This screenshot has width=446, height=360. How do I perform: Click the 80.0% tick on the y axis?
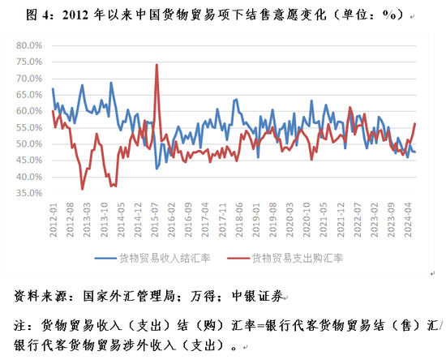(29, 45)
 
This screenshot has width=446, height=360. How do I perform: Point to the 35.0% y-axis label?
(29, 193)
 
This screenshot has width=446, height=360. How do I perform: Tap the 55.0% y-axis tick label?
(29, 127)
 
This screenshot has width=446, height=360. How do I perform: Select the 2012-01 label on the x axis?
(54, 220)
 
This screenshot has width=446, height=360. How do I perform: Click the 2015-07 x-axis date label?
(155, 220)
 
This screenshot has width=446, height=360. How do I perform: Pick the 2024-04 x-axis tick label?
(409, 220)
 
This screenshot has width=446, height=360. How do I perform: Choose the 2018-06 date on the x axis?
(239, 220)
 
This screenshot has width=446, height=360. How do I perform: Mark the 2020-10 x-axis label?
(307, 220)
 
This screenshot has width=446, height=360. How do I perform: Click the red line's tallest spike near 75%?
(157, 65)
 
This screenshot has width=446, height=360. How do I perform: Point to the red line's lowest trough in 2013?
(82, 189)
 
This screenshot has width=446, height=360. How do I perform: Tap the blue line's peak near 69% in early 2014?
(111, 83)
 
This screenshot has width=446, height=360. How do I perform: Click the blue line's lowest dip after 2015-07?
(157, 169)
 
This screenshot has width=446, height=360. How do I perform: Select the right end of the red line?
(415, 123)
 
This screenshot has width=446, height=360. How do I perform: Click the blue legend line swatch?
(105, 258)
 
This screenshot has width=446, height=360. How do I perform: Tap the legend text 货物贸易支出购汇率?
(298, 258)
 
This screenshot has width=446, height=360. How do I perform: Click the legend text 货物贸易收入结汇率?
(165, 258)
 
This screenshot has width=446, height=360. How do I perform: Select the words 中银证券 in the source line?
(258, 296)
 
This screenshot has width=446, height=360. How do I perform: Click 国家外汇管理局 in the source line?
(129, 296)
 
